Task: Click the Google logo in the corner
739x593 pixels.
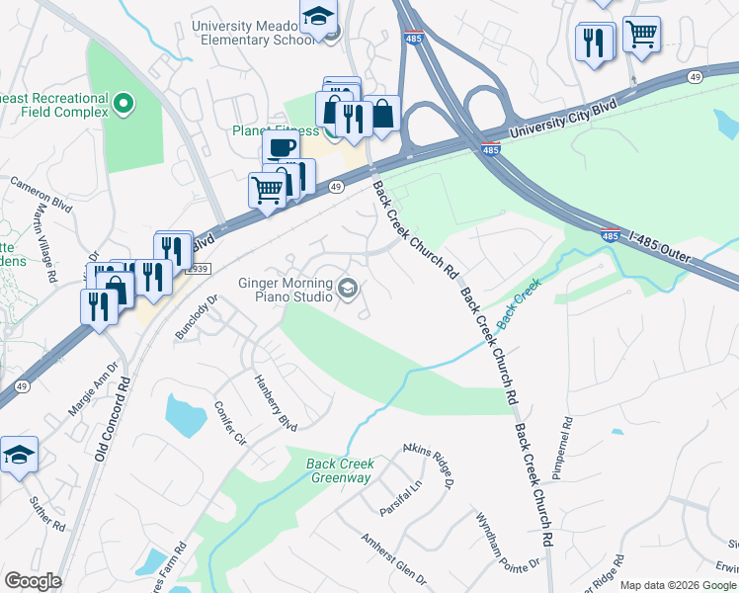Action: click(x=33, y=581)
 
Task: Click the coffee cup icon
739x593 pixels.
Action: click(x=282, y=148)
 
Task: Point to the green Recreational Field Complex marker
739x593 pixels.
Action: click(x=123, y=102)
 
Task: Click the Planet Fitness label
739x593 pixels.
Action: click(x=276, y=130)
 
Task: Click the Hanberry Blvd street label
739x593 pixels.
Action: click(x=275, y=402)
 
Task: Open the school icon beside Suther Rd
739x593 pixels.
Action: click(x=19, y=456)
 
